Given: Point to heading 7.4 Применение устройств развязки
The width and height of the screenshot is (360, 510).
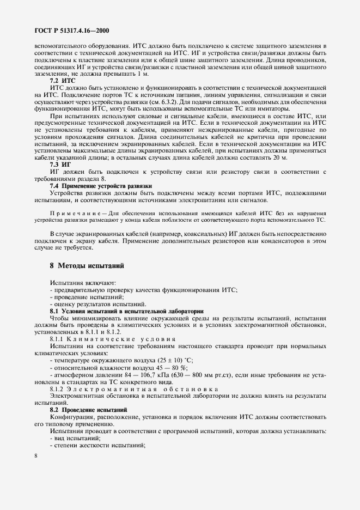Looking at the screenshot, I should click(101, 186).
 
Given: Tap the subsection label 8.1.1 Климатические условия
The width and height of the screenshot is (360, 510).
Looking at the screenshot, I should click(113, 338).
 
